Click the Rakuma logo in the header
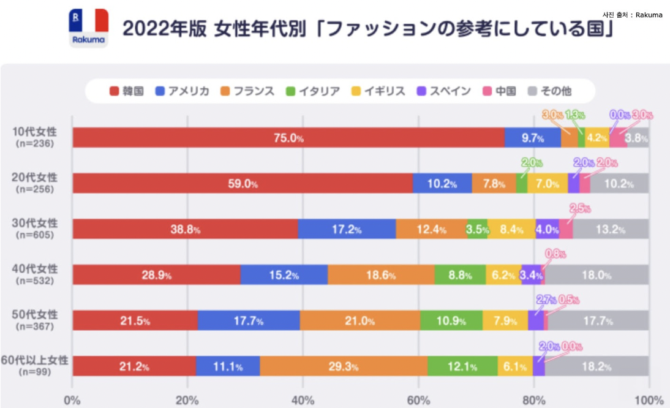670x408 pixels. [88, 29]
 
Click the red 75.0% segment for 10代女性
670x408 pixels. [288, 138]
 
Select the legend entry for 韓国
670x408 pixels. [127, 91]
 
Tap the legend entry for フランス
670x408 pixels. [243, 91]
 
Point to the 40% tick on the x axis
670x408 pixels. [303, 401]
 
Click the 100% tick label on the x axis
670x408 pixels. [649, 401]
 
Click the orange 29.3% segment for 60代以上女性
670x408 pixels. [343, 366]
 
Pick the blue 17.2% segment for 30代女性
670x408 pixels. [347, 229]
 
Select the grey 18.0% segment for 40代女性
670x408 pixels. [596, 275]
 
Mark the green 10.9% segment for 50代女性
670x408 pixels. [451, 320]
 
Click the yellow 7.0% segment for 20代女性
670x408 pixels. [547, 183]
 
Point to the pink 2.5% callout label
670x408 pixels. [580, 208]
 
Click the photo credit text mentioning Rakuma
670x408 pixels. [632, 15]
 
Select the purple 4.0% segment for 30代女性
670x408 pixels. [547, 229]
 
